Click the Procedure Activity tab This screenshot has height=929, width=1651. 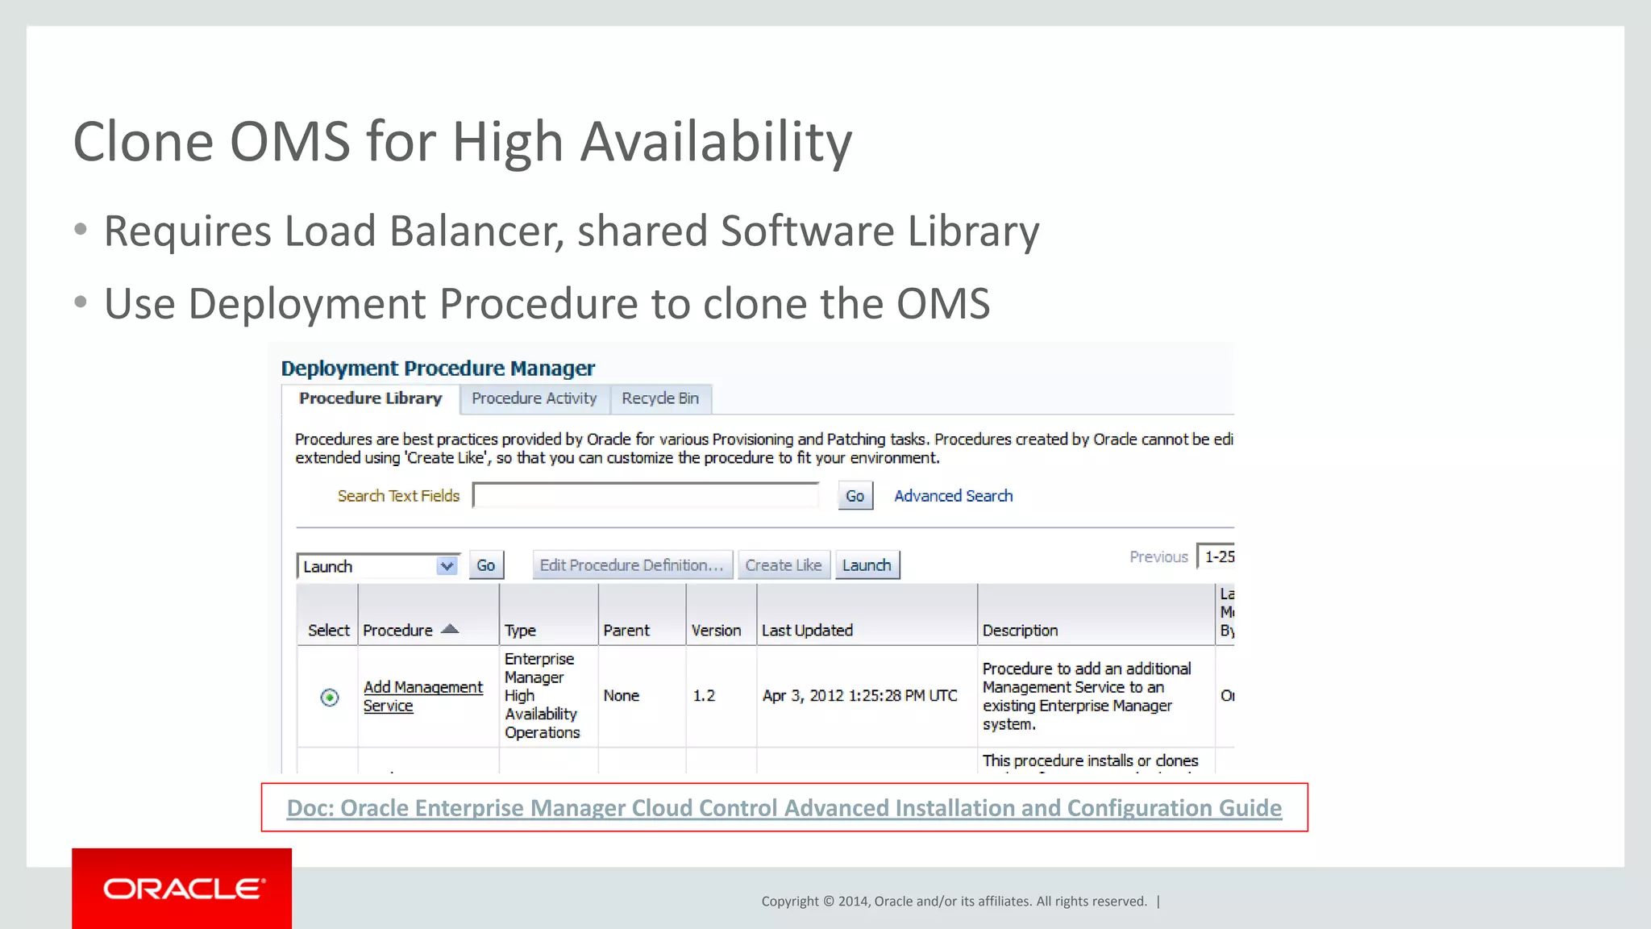click(x=534, y=398)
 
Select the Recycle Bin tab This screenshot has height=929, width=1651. click(x=659, y=398)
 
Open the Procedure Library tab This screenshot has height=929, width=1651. click(x=370, y=398)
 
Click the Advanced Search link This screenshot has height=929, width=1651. click(x=953, y=496)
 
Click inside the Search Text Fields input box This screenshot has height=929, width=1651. click(x=646, y=496)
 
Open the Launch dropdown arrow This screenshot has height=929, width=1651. click(x=447, y=566)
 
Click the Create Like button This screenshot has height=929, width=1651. click(x=783, y=565)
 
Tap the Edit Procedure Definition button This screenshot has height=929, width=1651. click(x=631, y=565)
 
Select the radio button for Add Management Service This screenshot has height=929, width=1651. click(x=330, y=697)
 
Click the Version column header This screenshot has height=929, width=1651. click(x=716, y=631)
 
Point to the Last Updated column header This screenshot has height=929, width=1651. click(x=807, y=631)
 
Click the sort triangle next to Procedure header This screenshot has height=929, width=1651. click(x=450, y=629)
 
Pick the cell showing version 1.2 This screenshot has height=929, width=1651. click(x=704, y=695)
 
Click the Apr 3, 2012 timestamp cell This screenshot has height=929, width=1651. click(x=859, y=695)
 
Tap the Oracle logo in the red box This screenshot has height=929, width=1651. click(x=183, y=889)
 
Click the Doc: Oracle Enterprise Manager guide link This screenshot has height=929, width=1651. click(x=784, y=807)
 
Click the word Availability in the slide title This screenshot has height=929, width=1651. click(x=716, y=142)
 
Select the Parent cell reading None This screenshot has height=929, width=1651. click(x=621, y=695)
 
